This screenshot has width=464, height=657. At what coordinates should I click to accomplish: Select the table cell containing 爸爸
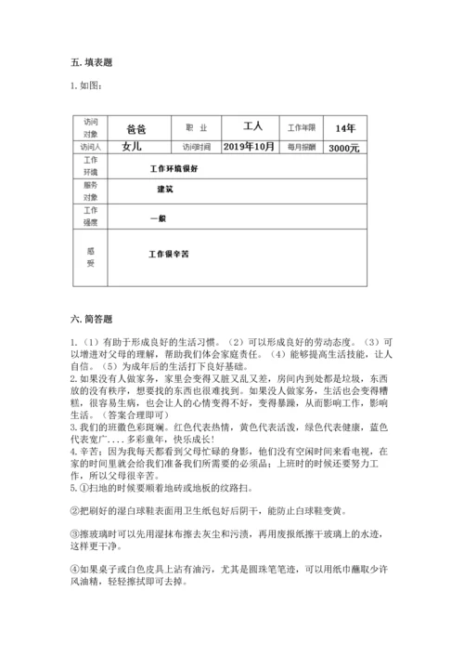[x=135, y=129]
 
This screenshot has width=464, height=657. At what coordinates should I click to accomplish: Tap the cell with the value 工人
[x=253, y=126]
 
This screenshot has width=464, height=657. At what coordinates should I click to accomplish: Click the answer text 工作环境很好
[x=174, y=168]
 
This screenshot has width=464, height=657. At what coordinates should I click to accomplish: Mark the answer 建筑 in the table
[x=166, y=190]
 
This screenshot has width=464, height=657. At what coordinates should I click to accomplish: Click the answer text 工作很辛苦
[x=169, y=253]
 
